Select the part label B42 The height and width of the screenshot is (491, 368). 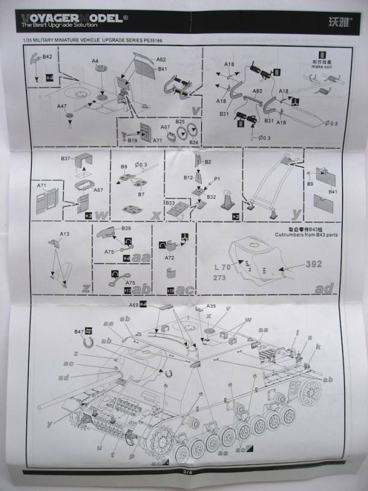(47, 57)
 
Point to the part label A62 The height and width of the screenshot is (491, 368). (161, 60)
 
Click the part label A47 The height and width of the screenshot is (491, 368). (62, 106)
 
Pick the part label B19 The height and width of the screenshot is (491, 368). (132, 140)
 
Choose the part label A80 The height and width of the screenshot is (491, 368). (258, 92)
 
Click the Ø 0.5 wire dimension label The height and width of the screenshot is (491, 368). (332, 124)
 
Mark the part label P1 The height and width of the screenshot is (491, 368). (217, 179)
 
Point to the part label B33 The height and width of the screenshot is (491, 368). (170, 203)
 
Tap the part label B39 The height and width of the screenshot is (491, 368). (126, 229)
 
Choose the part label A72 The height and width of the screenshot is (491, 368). (169, 258)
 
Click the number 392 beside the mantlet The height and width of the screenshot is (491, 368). (314, 265)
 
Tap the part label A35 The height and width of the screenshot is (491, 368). (210, 306)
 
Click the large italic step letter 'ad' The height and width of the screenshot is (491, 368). (324, 287)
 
